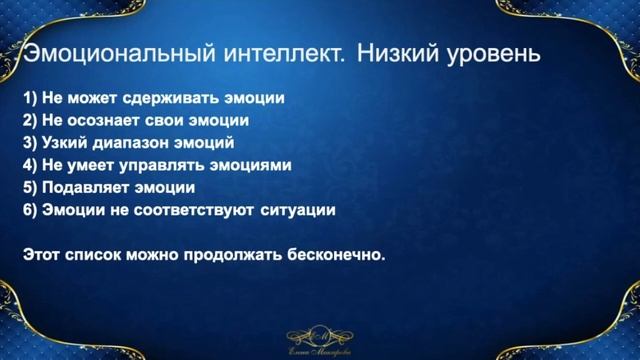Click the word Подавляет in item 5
[83, 187]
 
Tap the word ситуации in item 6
[299, 209]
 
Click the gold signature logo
[320, 340]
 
